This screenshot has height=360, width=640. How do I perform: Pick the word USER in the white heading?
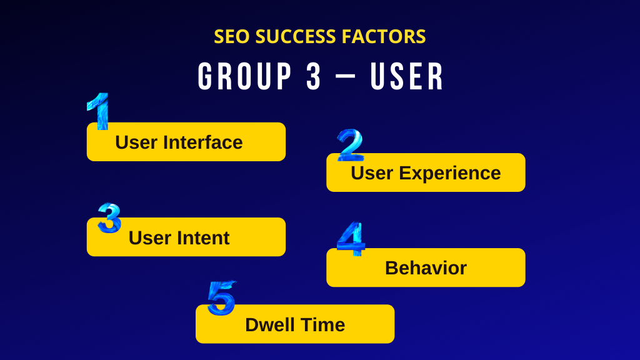(407, 77)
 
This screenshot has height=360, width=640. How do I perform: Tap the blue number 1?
(98, 111)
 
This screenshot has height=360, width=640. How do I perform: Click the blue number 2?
(350, 144)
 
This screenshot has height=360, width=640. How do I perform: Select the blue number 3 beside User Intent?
(109, 218)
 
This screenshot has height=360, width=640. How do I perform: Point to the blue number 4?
(351, 239)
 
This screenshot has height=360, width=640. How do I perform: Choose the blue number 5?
(221, 298)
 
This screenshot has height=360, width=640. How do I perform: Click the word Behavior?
(426, 268)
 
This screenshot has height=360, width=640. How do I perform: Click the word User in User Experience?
(372, 173)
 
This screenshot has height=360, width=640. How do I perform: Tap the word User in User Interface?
(136, 142)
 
